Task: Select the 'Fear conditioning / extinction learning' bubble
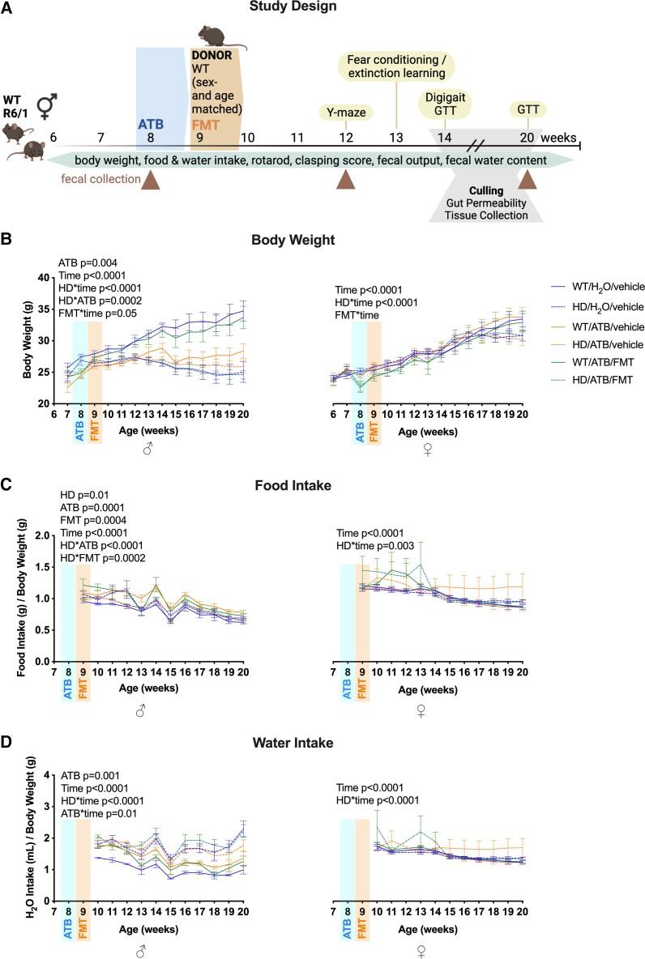396,68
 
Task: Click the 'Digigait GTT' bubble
445,104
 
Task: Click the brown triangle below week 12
346,184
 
